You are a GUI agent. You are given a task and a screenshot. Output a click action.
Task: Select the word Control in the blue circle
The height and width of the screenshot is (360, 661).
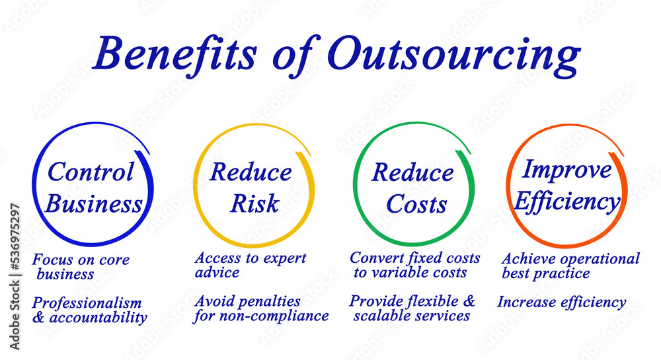pos(90,172)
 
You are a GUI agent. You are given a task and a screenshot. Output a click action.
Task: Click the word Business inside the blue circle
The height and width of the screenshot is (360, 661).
pos(94,204)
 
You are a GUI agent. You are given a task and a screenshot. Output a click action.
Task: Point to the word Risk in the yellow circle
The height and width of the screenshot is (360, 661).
pos(254,204)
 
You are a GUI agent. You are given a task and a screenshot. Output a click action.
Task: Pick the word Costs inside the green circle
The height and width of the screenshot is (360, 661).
pos(416,204)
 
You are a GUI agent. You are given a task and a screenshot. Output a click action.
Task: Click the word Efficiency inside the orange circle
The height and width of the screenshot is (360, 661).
pos(567,201)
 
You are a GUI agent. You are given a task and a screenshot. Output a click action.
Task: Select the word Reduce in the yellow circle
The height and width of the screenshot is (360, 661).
pos(251,172)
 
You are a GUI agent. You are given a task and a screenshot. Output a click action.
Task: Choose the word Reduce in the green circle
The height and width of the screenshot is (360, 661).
pos(412,172)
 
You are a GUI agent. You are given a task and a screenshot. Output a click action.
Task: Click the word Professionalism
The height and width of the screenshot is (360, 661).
pos(87,303)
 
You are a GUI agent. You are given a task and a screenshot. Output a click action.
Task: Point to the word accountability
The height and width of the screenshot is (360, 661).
pos(98,318)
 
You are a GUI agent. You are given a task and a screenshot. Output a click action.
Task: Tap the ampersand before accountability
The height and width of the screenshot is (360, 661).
pos(38,318)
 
